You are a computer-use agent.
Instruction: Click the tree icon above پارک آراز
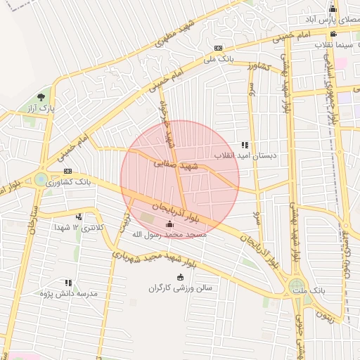point(41,97)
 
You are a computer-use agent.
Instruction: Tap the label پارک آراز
point(41,110)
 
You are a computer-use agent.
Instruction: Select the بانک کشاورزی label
point(67,182)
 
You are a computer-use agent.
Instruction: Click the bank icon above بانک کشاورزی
point(67,171)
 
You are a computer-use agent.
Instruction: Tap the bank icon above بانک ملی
point(219,48)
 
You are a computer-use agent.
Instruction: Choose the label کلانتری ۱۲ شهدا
point(79,228)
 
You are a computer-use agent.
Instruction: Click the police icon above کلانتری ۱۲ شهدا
point(79,216)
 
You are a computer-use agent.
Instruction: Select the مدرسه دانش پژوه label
point(67,292)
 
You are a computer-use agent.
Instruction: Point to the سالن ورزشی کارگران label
point(180,288)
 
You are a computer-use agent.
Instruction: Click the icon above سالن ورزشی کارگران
point(181,276)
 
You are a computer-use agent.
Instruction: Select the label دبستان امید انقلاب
point(245,155)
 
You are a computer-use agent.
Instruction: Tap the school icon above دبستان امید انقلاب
point(245,144)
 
